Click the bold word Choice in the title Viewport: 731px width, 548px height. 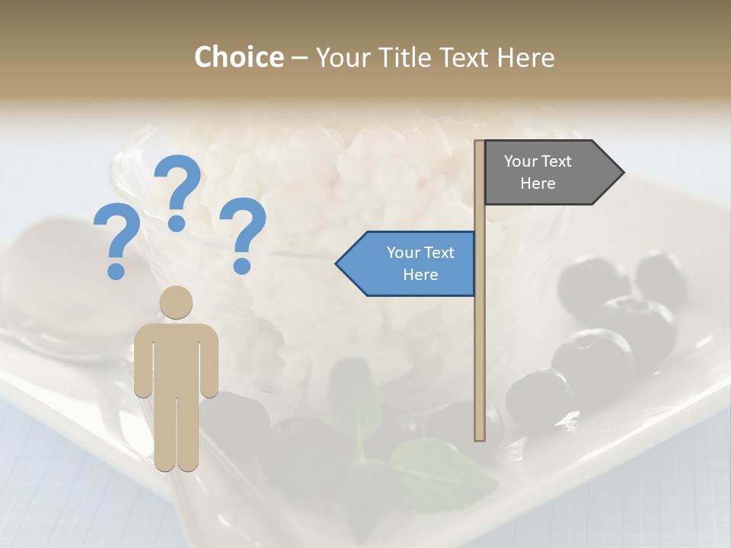point(238,57)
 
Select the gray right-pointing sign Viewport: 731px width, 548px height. point(548,172)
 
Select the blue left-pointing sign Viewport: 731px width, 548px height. point(411,263)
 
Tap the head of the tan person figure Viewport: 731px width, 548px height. point(176,302)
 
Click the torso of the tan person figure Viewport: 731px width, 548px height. point(176,358)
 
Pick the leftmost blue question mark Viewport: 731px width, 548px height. point(116,241)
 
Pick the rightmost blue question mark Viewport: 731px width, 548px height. point(243,234)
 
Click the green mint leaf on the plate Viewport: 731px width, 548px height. point(442,468)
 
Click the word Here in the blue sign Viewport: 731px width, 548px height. point(420,275)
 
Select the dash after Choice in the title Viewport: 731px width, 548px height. point(299,58)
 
